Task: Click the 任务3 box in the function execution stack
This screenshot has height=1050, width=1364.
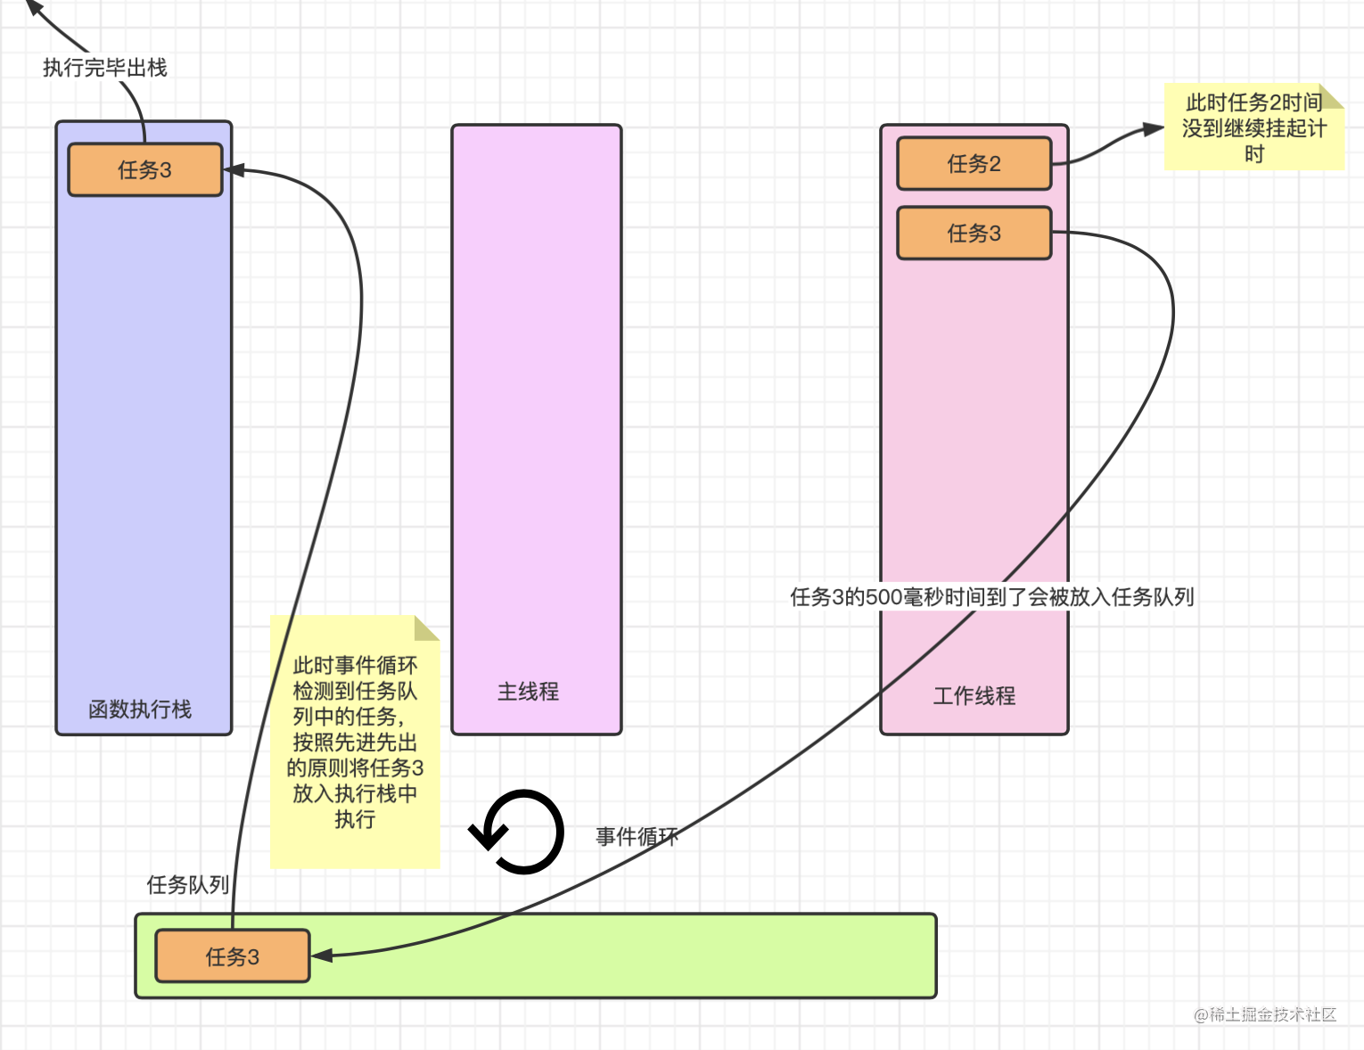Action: [145, 169]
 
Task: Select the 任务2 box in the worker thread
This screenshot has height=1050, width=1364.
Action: [974, 163]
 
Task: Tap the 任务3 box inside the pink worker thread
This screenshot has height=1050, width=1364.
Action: [974, 233]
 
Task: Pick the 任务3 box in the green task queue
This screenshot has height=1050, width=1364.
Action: [232, 956]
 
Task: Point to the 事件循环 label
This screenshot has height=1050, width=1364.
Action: [637, 836]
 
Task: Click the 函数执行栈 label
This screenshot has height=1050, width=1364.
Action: [140, 710]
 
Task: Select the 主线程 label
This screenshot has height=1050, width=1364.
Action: [528, 692]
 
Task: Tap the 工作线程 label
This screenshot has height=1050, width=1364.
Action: [974, 695]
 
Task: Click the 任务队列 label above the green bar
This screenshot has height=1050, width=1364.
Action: [187, 884]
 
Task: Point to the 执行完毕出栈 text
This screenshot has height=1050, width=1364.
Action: [104, 68]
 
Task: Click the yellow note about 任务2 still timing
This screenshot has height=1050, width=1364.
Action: [1253, 128]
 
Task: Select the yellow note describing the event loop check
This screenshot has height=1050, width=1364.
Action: [355, 742]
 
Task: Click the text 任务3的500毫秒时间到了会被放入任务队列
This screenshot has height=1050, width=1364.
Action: [991, 596]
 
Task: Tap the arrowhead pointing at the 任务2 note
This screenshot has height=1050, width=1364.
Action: [1154, 130]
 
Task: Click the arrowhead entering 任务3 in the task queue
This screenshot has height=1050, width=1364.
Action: [320, 956]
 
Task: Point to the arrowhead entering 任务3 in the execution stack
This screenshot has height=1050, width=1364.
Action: [234, 169]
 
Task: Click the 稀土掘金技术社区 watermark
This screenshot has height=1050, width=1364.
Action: [1265, 1014]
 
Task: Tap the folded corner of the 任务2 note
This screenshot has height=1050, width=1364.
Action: [1331, 95]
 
